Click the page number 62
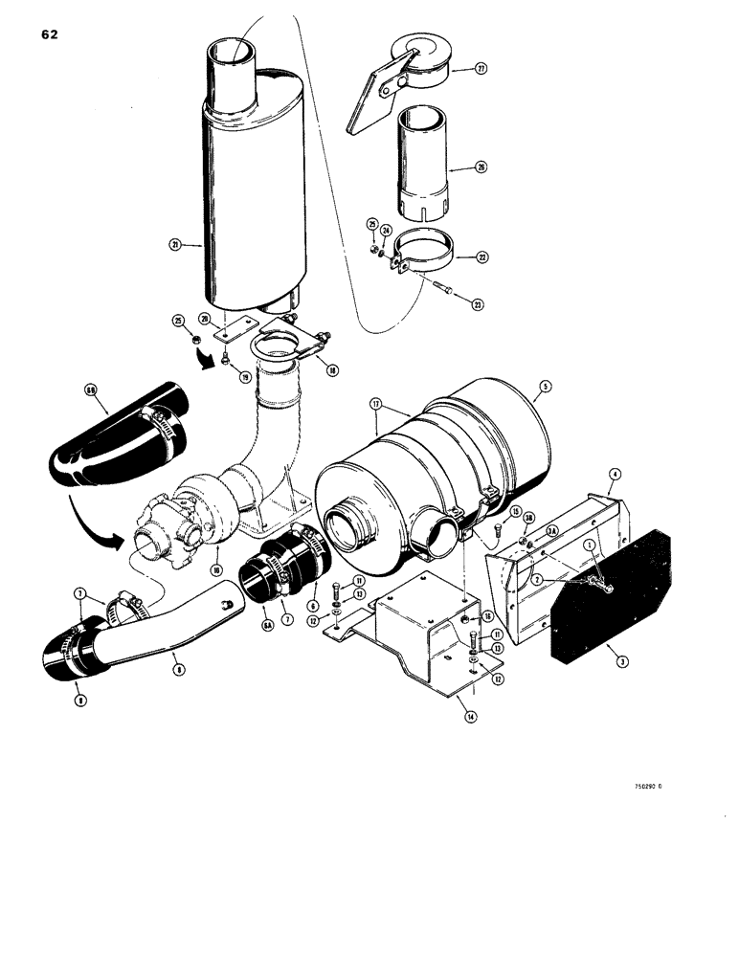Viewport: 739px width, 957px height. point(50,34)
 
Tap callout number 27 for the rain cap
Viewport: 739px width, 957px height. point(481,69)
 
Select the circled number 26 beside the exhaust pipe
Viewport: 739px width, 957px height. point(481,166)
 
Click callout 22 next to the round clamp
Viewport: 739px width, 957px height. point(481,256)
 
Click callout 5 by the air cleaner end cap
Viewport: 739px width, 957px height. point(546,388)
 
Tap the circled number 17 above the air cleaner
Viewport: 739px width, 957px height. point(375,403)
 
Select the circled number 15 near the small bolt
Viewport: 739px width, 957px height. point(514,513)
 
